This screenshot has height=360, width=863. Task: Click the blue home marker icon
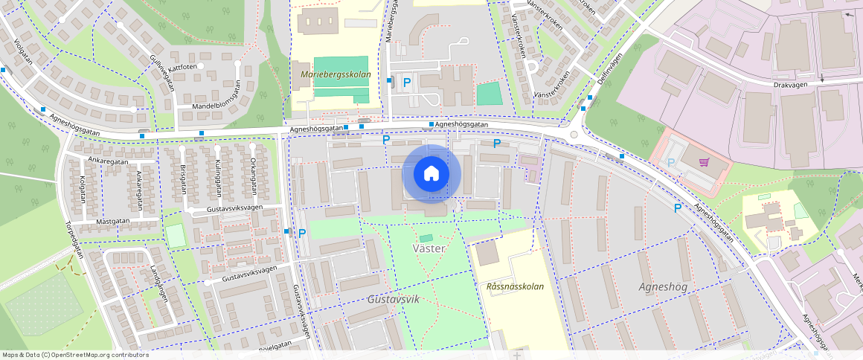[431, 173]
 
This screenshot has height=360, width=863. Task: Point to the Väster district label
[429, 248]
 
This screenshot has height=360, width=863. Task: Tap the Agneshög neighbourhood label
[664, 286]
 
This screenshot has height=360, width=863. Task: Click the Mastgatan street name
[112, 222]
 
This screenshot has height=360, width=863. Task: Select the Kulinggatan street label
[219, 177]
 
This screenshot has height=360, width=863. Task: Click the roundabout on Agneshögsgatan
[573, 135]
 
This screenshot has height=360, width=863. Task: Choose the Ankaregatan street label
[108, 161]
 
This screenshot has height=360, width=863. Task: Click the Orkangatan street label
[253, 173]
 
